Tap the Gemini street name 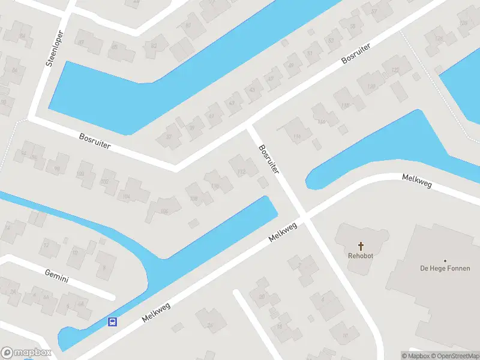[57, 276]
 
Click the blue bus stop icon [112, 322]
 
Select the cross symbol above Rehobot [361, 245]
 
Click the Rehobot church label [361, 256]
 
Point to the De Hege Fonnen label [445, 269]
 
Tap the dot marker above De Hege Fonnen [445, 261]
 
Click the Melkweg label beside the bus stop [157, 312]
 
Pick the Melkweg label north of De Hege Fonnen [416, 181]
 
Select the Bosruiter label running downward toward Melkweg [269, 160]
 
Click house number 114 [296, 137]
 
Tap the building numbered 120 [371, 87]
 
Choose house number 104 [126, 196]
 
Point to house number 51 [310, 53]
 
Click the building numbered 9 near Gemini [104, 268]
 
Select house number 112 [241, 172]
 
